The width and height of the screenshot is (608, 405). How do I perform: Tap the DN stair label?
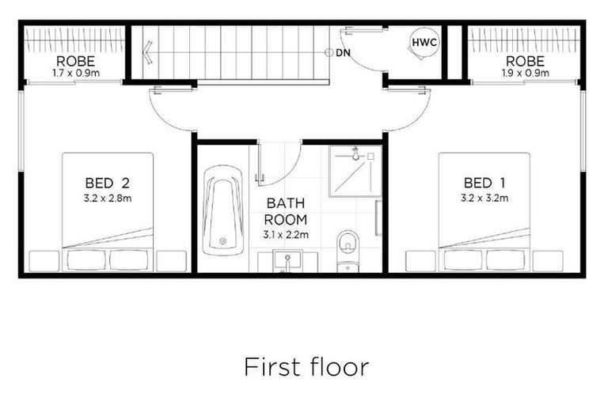click(343, 53)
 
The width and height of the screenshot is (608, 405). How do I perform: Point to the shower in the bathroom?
click(355, 170)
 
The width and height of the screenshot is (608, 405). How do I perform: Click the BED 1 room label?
click(484, 183)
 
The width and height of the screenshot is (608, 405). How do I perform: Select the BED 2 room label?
click(108, 183)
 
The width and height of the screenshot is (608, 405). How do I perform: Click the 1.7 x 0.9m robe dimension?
click(75, 74)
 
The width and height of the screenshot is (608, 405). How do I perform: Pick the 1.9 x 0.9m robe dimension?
click(526, 74)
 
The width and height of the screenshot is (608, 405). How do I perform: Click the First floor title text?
click(306, 367)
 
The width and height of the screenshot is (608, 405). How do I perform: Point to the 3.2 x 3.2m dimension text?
click(484, 198)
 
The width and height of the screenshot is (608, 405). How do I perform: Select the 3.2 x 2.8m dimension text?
click(108, 198)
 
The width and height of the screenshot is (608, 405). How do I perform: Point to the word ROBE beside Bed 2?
click(75, 60)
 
